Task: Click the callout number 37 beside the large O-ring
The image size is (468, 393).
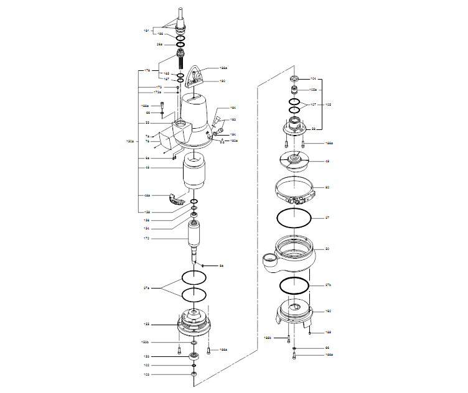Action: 328,218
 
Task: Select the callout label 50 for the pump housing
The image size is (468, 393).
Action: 328,249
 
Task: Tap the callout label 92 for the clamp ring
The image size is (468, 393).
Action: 328,187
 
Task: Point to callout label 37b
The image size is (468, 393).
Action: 329,285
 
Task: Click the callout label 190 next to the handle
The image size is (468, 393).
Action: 222,81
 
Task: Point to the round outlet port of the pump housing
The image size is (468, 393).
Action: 269,258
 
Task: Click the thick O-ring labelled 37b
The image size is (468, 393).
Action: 294,285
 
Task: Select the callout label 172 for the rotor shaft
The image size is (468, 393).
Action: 146,238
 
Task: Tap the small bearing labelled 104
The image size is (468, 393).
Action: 294,79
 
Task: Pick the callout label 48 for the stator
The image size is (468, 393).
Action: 146,168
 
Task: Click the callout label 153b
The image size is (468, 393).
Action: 145,343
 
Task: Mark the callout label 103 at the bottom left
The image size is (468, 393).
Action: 146,374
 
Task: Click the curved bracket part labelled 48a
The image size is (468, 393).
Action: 176,198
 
